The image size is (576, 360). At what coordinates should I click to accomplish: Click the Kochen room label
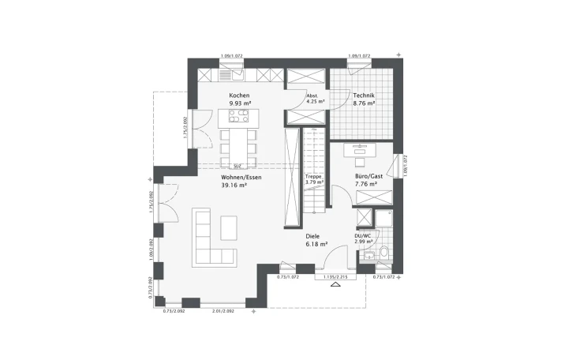239,95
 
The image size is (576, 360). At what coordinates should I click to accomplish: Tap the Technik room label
364,95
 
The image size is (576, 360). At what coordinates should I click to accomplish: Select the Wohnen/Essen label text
241,178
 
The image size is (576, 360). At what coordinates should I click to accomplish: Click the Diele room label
313,236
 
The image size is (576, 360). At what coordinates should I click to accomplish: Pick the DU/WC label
362,235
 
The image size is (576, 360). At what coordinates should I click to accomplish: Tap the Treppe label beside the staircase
313,177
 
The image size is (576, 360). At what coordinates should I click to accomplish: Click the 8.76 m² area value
364,103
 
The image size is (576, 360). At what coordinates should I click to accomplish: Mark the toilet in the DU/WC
384,252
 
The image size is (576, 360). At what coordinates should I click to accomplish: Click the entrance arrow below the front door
336,287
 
